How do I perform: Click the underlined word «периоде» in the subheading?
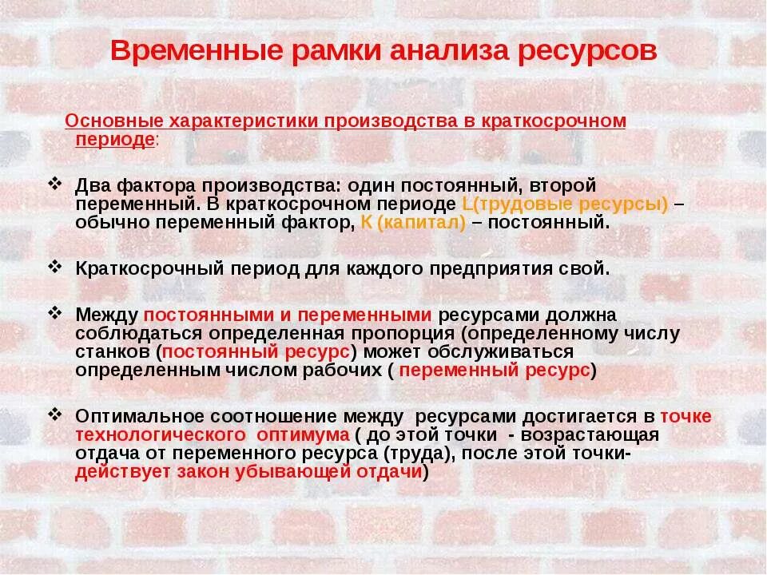click(114, 138)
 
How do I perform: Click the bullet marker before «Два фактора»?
click(54, 183)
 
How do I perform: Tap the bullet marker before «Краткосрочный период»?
click(54, 266)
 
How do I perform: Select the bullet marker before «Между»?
click(54, 312)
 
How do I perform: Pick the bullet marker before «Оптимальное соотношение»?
click(54, 414)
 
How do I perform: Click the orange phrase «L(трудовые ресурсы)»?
click(565, 204)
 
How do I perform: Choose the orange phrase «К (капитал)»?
click(413, 222)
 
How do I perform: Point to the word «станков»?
click(113, 351)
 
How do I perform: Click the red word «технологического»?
click(160, 434)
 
